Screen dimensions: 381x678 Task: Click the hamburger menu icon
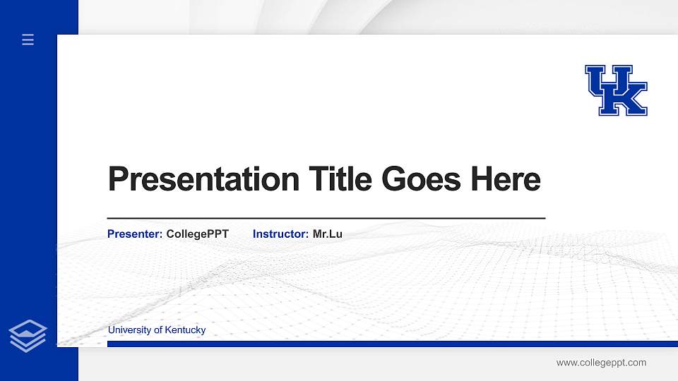point(28,40)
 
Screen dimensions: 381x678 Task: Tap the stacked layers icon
point(28,335)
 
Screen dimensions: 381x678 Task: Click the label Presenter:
point(135,234)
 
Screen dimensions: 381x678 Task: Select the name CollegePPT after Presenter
point(197,234)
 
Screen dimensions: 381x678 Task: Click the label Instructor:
point(280,234)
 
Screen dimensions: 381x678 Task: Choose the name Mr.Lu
point(328,234)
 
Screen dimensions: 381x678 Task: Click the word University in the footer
point(129,330)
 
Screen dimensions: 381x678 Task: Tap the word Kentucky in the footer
point(185,330)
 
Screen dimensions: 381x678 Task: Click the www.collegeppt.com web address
point(601,363)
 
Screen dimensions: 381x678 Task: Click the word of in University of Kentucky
point(157,330)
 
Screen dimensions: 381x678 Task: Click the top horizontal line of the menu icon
point(28,35)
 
